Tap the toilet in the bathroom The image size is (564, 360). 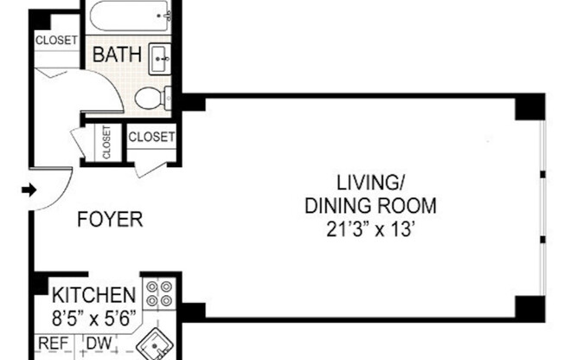(x=152, y=97)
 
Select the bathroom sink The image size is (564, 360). (x=161, y=58)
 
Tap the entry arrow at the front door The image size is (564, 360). (x=28, y=190)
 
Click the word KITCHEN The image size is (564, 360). (x=94, y=294)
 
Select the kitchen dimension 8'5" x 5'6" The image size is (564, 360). (x=94, y=317)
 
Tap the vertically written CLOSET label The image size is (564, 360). (x=107, y=143)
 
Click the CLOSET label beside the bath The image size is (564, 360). (x=56, y=40)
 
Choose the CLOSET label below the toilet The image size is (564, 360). (x=152, y=136)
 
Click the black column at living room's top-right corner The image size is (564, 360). (x=529, y=107)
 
